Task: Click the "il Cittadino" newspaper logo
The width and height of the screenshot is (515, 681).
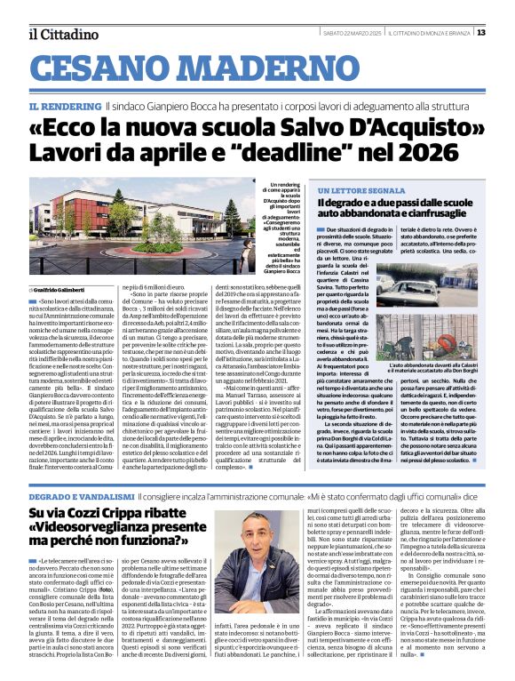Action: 62,34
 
